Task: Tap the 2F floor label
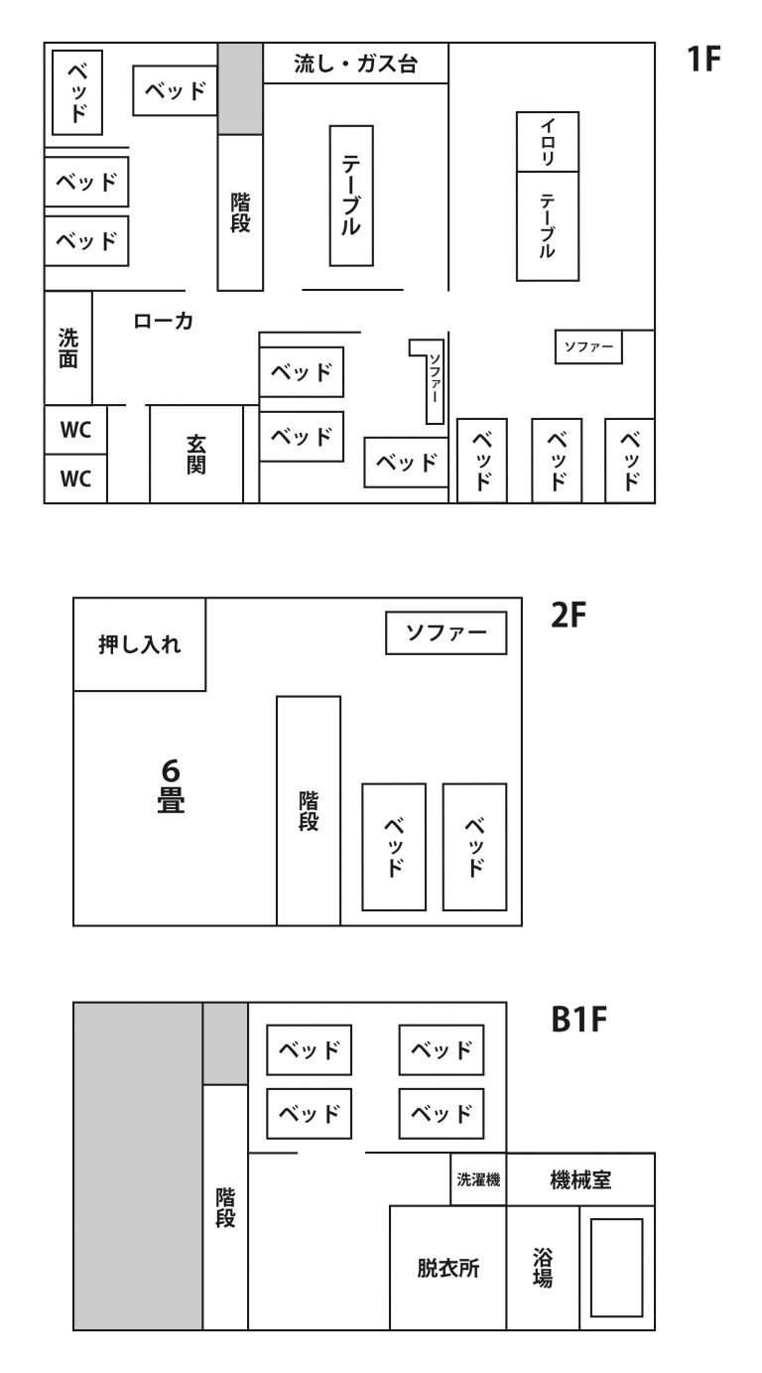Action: pos(570,617)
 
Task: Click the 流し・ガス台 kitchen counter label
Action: pos(355,65)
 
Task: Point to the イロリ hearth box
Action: pos(548,141)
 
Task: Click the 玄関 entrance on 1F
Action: pos(196,453)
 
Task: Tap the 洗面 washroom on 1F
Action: pos(68,347)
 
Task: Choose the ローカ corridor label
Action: pos(163,322)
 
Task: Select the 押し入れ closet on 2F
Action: pos(140,644)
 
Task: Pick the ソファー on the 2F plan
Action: pos(446,633)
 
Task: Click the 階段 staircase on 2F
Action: pos(309,810)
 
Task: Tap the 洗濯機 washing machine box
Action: pos(478,1179)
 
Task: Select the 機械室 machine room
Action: pos(580,1179)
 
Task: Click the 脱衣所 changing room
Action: pos(447,1268)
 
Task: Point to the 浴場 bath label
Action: pos(543,1268)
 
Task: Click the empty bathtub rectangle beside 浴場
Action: pos(616,1267)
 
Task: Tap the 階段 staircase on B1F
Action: pos(225,1207)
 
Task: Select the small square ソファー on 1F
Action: pos(588,346)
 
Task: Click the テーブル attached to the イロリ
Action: pos(548,225)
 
